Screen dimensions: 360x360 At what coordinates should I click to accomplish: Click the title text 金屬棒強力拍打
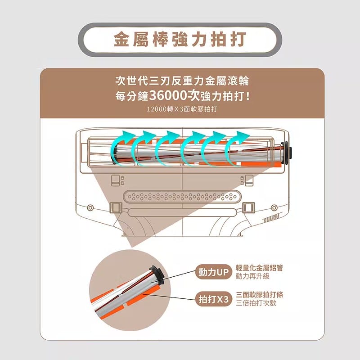[180, 40]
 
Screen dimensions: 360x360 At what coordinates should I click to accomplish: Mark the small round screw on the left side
[90, 208]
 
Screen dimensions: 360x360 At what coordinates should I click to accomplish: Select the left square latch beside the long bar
[115, 208]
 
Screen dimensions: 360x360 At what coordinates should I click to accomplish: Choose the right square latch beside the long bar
[248, 208]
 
